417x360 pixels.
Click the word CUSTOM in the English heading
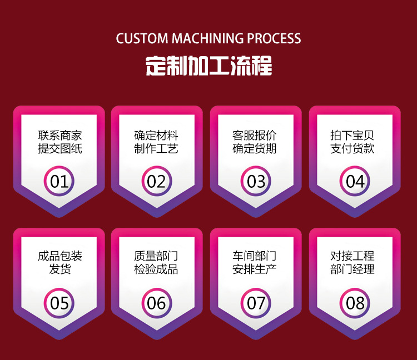click(142, 39)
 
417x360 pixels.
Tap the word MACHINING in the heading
click(207, 39)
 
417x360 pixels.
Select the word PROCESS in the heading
click(274, 39)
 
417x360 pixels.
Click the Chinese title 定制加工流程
click(209, 66)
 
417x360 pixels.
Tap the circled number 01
click(59, 181)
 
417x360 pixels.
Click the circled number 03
click(256, 181)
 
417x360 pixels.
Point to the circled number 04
click(355, 181)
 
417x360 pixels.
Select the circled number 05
click(59, 303)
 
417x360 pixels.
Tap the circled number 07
click(256, 303)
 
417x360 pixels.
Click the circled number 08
click(355, 303)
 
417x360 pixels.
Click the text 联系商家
click(60, 135)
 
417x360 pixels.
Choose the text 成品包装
click(60, 256)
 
